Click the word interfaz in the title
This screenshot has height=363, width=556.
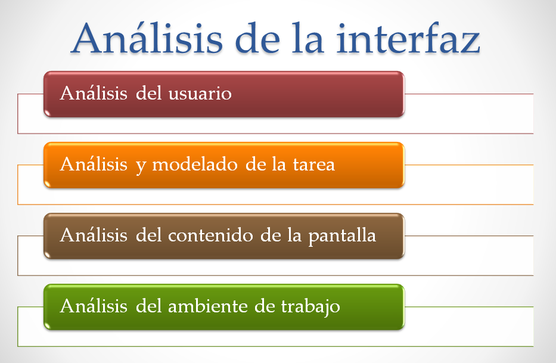pos(408,38)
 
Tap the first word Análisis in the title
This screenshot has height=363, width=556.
pos(147,38)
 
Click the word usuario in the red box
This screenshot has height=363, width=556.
pos(200,94)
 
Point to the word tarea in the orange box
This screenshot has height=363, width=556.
pos(314,165)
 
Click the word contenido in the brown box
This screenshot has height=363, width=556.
pos(210,235)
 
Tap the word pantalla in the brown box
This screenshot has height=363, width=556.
pos(342,236)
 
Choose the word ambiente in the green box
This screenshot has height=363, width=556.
pos(207,306)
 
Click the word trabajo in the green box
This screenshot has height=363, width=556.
pos(310,308)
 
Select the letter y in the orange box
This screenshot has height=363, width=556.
pos(141,167)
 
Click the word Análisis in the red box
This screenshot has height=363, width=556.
pos(94,94)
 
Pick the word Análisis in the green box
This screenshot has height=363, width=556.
pos(94,306)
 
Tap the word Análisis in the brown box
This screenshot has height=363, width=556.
pos(94,235)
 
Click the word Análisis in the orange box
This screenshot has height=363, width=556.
pos(94,165)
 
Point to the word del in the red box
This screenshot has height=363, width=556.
pos(148,94)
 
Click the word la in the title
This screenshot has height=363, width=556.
pos(307,39)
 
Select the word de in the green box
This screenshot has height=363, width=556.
pos(265,306)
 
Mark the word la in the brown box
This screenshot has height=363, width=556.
pos(294,235)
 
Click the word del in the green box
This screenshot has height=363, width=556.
pos(148,306)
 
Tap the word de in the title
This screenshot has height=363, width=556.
pos(257,39)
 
